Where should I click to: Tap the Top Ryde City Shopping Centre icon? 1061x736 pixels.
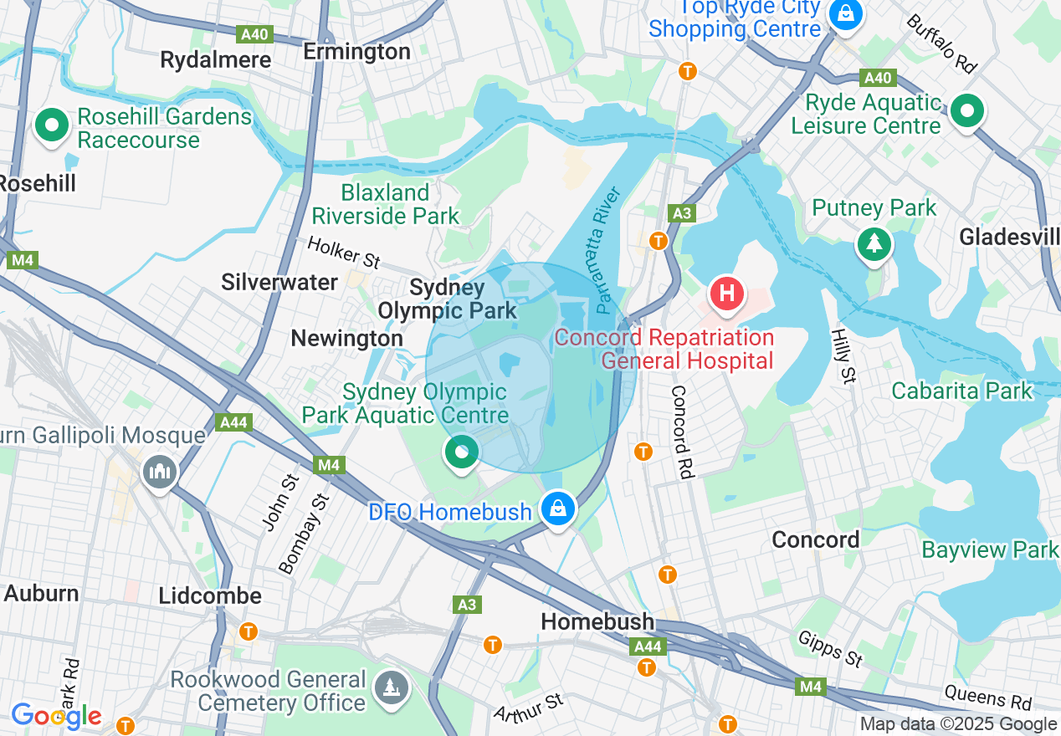846,14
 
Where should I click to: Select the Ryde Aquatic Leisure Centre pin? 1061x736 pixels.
967,110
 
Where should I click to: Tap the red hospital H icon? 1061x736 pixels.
726,294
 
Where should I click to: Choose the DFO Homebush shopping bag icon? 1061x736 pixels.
557,508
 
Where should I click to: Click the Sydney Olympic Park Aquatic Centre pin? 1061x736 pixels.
460,453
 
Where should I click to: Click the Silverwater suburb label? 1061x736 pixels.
279,283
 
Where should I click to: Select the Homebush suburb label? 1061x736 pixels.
597,621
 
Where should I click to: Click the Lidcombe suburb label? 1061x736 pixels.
210,596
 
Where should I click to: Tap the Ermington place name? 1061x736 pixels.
356,52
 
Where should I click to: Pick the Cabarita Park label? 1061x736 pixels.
961,391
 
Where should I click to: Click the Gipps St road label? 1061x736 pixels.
830,650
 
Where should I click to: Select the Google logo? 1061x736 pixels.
56,716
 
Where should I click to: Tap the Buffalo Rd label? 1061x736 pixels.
941,43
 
